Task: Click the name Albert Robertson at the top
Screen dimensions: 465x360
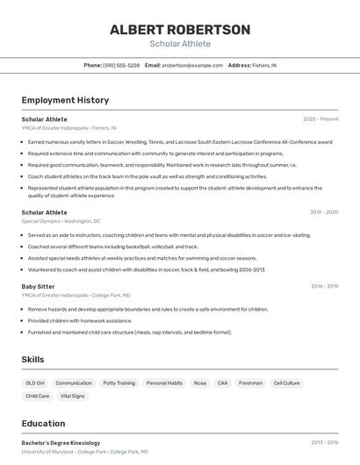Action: point(180,30)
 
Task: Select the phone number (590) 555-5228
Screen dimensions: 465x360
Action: point(121,65)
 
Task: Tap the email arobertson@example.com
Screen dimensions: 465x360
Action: point(192,65)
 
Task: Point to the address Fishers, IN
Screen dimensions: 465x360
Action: point(264,65)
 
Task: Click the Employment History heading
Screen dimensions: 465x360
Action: point(65,100)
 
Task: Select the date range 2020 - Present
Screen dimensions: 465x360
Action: point(320,119)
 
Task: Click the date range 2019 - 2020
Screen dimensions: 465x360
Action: point(323,212)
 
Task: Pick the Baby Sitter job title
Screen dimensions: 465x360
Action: point(38,286)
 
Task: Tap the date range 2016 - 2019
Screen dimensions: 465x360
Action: point(323,286)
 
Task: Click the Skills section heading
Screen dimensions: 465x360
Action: point(32,360)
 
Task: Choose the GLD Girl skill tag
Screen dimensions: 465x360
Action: point(35,383)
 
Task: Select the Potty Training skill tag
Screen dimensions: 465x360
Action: point(119,383)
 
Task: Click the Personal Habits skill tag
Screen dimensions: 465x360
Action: point(164,383)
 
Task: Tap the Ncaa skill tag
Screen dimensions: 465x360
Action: point(200,383)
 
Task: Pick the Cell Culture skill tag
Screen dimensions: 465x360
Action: point(286,383)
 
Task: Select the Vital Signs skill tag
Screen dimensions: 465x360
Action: point(73,396)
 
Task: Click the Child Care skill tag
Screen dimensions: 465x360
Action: point(37,396)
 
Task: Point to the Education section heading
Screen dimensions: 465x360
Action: point(43,423)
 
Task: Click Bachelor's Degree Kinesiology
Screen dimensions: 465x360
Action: point(61,443)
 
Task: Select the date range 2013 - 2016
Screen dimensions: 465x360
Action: point(323,443)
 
